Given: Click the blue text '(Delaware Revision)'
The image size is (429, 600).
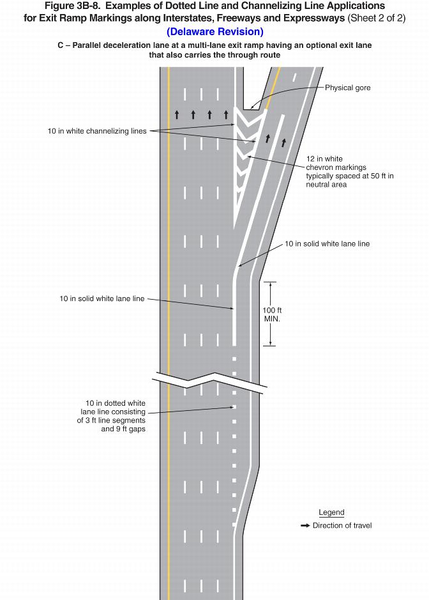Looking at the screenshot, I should (214, 31).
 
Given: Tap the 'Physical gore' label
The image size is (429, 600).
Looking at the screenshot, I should (347, 88).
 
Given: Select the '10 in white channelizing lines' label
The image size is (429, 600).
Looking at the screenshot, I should (97, 131).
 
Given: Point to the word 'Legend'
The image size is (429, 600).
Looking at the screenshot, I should (331, 512).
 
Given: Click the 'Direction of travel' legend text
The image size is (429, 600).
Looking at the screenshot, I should (342, 526).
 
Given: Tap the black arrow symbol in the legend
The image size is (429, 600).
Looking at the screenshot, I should (305, 526).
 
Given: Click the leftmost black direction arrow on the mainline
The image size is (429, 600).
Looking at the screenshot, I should (177, 115).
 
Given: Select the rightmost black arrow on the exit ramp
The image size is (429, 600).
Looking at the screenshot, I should (283, 142).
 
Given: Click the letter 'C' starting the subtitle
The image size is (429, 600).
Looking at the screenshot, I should (60, 46).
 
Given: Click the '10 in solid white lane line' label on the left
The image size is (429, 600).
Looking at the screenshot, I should (102, 298).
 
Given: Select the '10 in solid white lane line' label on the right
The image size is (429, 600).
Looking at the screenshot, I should (327, 243).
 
